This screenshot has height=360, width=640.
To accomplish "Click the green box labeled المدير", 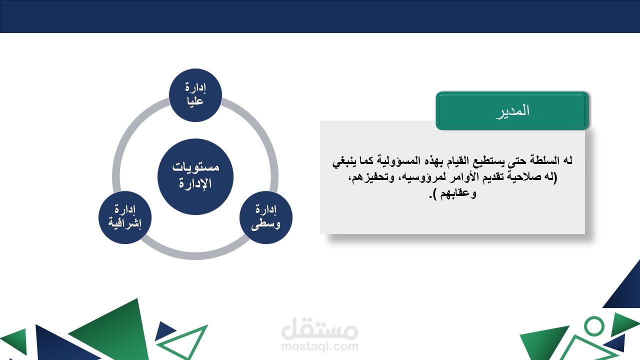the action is (512, 110).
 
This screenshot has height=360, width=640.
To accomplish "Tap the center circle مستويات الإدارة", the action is (195, 176).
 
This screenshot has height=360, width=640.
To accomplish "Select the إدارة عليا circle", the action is (195, 95).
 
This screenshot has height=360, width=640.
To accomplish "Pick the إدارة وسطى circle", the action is (266, 217).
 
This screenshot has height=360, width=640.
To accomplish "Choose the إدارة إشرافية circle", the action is (125, 217).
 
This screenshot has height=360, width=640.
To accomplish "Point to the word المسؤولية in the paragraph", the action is (420, 161).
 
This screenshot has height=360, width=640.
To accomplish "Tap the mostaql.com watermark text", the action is (319, 346).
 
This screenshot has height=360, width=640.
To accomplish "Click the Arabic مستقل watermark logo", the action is (319, 328).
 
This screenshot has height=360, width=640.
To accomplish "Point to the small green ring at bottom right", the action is (594, 325).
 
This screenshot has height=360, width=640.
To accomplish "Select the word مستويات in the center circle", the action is (195, 167).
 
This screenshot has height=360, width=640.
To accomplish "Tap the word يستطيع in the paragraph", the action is (490, 161).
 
